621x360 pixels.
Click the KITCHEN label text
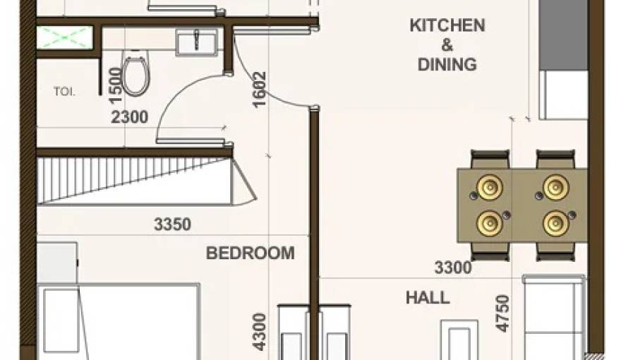[x=447, y=26]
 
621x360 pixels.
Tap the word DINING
[x=447, y=65]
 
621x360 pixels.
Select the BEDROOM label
[x=251, y=253]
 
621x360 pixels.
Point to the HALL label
[x=428, y=297]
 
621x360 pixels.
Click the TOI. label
[x=64, y=91]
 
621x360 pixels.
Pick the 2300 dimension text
[x=130, y=117]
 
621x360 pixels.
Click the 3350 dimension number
[x=172, y=225]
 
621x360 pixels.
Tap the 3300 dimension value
[x=452, y=268]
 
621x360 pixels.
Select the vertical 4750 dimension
[x=502, y=314]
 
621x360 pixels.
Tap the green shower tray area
[x=64, y=37]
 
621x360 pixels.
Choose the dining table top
[x=522, y=205]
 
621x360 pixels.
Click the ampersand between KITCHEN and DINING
[x=447, y=45]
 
